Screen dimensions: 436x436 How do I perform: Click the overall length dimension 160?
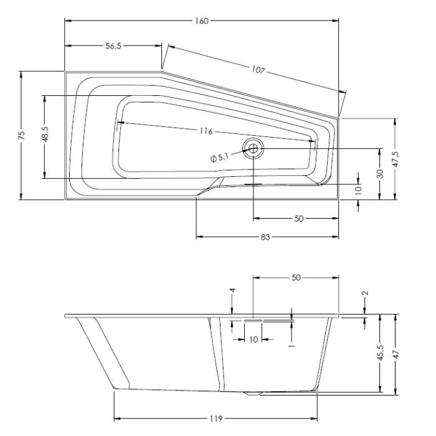pos(201,21)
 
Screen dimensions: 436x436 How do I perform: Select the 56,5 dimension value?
pos(112,45)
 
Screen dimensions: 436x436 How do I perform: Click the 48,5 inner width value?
pos(45,134)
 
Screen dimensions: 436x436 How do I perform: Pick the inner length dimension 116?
pos(207,131)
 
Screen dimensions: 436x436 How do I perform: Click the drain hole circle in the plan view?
pos(254,148)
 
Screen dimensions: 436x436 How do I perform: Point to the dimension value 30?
pos(379,173)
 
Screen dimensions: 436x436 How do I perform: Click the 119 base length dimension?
pos(216,418)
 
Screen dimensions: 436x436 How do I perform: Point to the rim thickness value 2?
pos(366,293)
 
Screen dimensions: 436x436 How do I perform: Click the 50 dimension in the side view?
pos(296,277)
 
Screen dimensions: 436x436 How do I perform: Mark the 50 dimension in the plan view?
pos(298,219)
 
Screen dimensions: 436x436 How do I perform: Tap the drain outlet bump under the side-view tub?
pos(254,394)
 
